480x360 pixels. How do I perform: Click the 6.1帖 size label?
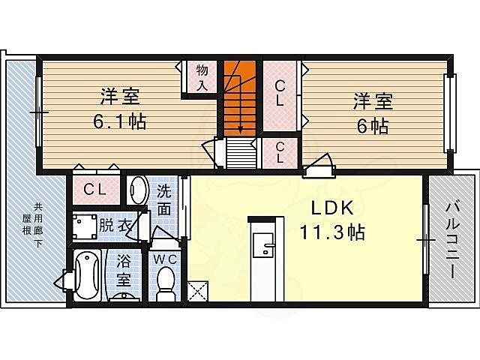[x=120, y=121]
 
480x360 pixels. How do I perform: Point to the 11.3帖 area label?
[x=332, y=232]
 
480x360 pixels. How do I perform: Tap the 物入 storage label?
[x=202, y=78]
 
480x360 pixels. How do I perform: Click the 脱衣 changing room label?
[x=112, y=224]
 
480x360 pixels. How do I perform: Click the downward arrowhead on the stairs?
[x=240, y=129]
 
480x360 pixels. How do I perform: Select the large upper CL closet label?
[x=280, y=94]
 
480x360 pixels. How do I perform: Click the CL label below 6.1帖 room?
[x=96, y=189]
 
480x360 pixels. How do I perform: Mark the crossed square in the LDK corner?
[x=197, y=290]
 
